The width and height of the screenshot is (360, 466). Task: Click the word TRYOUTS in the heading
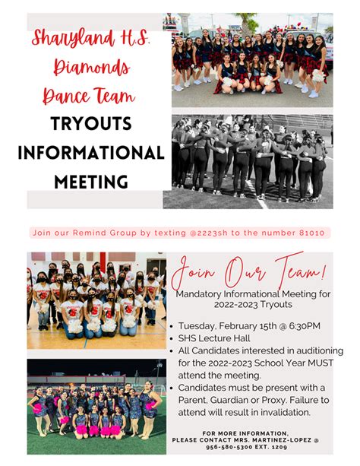coord(91,123)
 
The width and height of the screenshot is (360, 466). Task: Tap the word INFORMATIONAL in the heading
coord(91,153)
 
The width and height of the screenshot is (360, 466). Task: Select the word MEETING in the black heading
coord(91,181)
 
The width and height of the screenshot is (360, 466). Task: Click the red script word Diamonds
coord(91,67)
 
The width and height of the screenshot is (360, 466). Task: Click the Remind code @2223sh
coord(208,233)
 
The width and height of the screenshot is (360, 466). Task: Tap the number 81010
coord(312,233)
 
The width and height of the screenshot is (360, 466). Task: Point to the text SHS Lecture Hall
coord(214,338)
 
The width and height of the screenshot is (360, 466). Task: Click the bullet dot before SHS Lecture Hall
coord(172,339)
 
